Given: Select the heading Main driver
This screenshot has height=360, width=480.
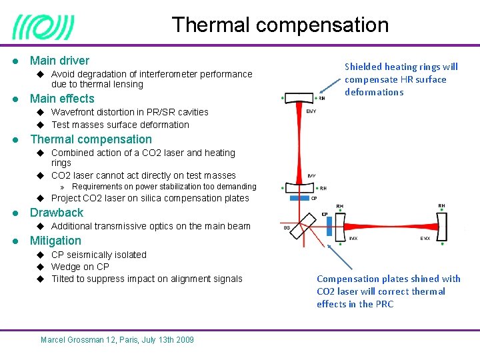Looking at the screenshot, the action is [59, 61].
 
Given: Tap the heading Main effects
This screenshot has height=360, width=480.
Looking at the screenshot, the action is [62, 99].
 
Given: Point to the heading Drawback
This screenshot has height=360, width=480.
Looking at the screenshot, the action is [57, 213].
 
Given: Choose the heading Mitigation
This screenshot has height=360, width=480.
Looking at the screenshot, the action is [55, 241].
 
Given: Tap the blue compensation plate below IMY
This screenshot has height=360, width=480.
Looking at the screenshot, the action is [301, 198].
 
